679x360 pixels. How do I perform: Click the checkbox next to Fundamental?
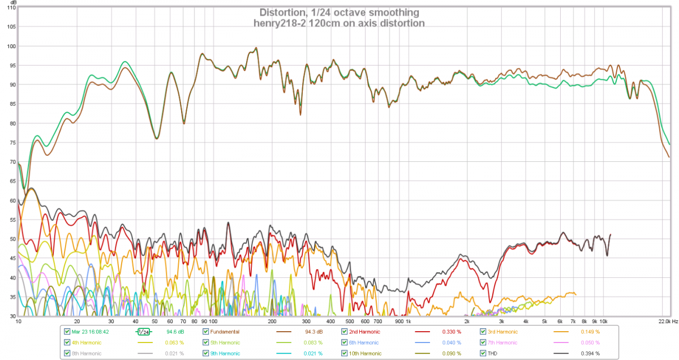click(206, 332)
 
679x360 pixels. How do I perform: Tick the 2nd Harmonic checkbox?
click(345, 332)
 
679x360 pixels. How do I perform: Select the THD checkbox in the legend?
click(484, 353)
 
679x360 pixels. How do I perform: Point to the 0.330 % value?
click(450, 332)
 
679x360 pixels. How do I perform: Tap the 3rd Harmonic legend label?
click(504, 332)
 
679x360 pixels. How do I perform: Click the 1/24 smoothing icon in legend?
click(143, 332)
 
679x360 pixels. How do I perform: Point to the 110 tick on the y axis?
click(11, 7)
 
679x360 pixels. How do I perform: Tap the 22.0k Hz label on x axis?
click(667, 321)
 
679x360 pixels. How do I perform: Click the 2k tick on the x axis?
click(467, 321)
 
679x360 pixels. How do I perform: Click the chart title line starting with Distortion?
click(339, 12)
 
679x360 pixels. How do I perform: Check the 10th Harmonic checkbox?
click(345, 353)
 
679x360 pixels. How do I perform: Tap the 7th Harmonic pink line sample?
click(566, 342)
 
